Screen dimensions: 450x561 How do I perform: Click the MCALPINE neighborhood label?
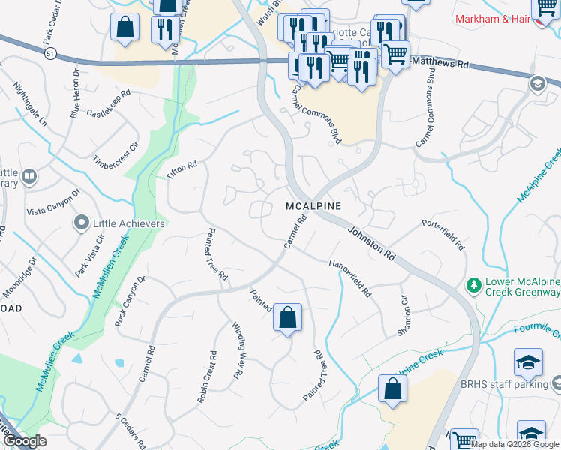coord(313,205)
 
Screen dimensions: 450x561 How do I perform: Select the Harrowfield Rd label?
coord(350,277)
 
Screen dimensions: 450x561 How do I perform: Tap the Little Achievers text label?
coord(128,223)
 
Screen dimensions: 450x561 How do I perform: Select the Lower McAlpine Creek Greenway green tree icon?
coord(473,285)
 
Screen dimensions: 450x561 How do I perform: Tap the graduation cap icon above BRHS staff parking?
coord(528,361)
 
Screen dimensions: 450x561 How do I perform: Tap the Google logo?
coord(24,441)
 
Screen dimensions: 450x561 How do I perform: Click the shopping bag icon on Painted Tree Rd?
coord(287,317)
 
